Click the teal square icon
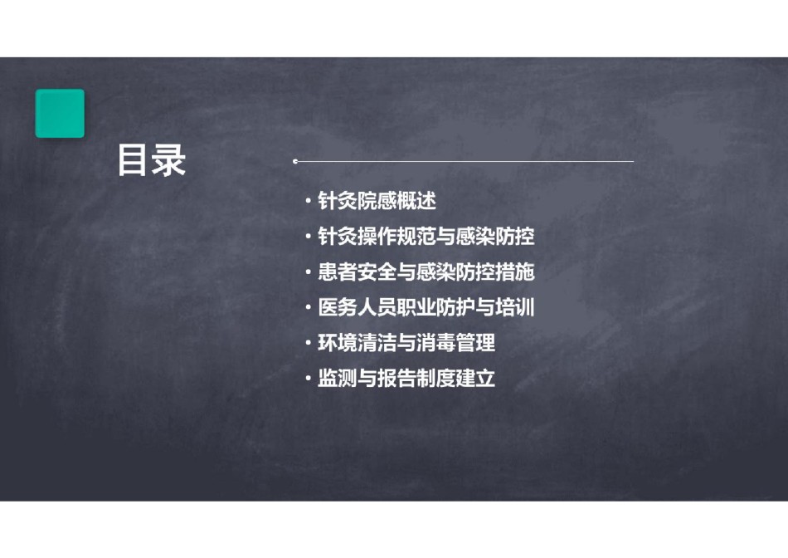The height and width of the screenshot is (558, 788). tap(60, 113)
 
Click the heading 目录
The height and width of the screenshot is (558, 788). tap(151, 160)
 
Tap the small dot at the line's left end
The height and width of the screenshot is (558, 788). tap(295, 162)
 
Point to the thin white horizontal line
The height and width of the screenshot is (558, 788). tap(464, 162)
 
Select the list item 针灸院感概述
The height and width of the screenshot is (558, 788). tap(377, 201)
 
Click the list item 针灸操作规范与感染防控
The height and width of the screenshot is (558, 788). tap(426, 237)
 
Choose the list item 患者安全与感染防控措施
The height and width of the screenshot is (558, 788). tap(426, 272)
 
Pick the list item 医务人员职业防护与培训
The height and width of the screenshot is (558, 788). tap(426, 307)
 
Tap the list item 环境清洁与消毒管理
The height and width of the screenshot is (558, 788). tap(406, 343)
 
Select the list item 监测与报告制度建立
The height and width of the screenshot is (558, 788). tap(406, 379)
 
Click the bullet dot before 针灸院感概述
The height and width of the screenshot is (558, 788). tap(308, 201)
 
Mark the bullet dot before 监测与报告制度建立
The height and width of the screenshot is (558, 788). tap(308, 379)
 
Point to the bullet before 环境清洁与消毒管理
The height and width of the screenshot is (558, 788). tap(308, 343)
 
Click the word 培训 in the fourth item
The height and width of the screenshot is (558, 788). tap(515, 307)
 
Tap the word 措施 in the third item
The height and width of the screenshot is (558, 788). tap(515, 272)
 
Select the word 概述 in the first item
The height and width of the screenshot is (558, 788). tap(416, 201)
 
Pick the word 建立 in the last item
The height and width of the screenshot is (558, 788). tap(476, 379)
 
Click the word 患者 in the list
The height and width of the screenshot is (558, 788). tap(338, 272)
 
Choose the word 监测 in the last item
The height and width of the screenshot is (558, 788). tap(338, 379)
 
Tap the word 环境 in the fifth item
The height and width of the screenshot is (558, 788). tap(338, 343)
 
